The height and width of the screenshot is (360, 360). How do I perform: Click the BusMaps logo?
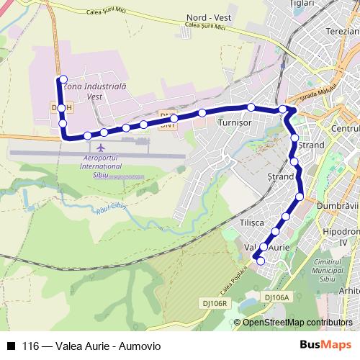330,345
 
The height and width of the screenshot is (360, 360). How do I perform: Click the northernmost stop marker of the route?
63,79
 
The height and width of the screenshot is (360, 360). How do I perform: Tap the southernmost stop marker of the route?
261,261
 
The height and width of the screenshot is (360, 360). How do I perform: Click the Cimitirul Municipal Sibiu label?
337,270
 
